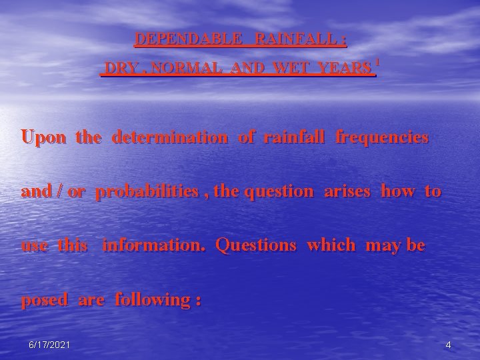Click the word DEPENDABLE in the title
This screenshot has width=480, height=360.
pos(189,39)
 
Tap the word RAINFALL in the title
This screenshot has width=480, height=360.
pos(295,39)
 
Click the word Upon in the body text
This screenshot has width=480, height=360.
pos(44,138)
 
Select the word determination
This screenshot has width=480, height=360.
pos(169,138)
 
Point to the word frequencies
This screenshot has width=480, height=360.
pos(382,138)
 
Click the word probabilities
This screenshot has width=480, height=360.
pos(147,192)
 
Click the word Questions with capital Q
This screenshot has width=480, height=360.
pos(256,245)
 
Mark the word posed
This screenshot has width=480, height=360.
pos(45,300)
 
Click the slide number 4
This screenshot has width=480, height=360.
pos(448,345)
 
